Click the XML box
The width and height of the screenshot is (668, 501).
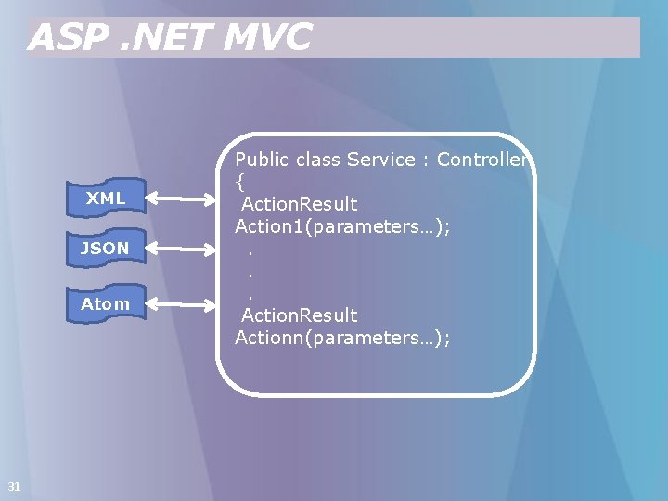pyautogui.click(x=106, y=198)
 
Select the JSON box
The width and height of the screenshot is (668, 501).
pyautogui.click(x=106, y=248)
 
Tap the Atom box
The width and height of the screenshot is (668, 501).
pyautogui.click(x=106, y=303)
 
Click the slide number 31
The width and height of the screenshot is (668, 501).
pyautogui.click(x=14, y=486)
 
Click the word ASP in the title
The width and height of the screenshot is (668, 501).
pyautogui.click(x=65, y=38)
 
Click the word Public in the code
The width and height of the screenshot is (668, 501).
pyautogui.click(x=263, y=160)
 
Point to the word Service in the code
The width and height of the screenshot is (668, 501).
pyautogui.click(x=380, y=160)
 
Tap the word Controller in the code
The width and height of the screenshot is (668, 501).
pyautogui.click(x=482, y=160)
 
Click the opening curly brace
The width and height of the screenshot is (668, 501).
pyautogui.click(x=239, y=182)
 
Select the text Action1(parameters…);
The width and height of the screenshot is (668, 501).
pyautogui.click(x=342, y=226)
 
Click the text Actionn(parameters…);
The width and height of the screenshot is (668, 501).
pyautogui.click(x=342, y=338)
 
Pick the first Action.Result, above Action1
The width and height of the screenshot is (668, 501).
pyautogui.click(x=299, y=204)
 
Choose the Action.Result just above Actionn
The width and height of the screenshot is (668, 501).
pyautogui.click(x=299, y=315)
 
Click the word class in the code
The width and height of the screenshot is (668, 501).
pyautogui.click(x=318, y=160)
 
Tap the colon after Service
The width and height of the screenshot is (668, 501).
pyautogui.click(x=426, y=161)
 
